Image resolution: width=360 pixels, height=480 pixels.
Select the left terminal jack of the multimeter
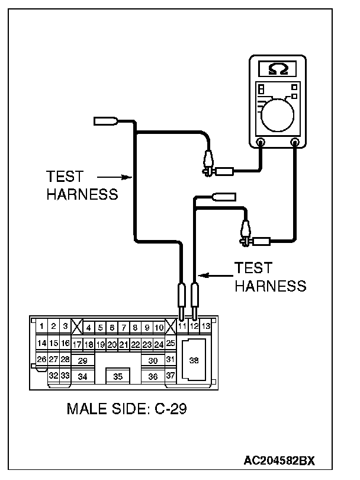click(261, 142)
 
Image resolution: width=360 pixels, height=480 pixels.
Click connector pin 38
click(194, 360)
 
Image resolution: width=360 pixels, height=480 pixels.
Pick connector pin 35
click(118, 376)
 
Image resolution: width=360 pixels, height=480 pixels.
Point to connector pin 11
click(182, 327)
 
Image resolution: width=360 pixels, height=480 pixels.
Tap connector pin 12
click(194, 327)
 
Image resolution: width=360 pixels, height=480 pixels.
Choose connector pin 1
click(41, 326)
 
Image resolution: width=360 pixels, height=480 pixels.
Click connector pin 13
click(205, 326)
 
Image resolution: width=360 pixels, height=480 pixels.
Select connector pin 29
click(83, 360)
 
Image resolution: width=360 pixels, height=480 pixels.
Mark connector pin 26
click(41, 359)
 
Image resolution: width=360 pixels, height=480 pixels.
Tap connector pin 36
click(153, 376)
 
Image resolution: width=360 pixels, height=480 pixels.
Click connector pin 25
click(171, 343)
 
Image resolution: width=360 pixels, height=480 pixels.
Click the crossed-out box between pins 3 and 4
click(76, 327)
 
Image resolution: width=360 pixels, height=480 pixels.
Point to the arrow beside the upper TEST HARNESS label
click(112, 176)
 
